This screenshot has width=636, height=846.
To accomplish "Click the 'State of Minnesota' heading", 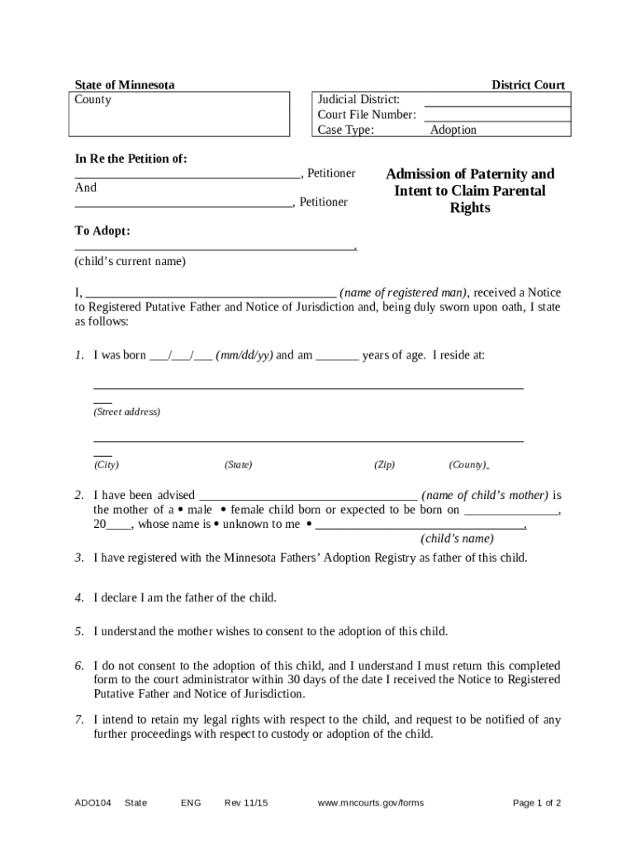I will pyautogui.click(x=125, y=85).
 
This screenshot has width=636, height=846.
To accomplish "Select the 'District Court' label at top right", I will pyautogui.click(x=528, y=85).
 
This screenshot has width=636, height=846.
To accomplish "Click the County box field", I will pyautogui.click(x=178, y=113).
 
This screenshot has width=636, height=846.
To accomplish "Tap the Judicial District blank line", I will pyautogui.click(x=496, y=101).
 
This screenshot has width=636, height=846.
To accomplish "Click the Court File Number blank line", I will pyautogui.click(x=496, y=116).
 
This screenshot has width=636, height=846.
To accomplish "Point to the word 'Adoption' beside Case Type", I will pyautogui.click(x=453, y=130).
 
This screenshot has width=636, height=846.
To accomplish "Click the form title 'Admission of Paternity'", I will pyautogui.click(x=470, y=174).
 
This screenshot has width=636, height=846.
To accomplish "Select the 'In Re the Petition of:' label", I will pyautogui.click(x=131, y=158).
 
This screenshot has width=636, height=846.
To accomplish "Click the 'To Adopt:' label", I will pyautogui.click(x=102, y=231).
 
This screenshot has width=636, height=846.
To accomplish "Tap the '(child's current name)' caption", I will pyautogui.click(x=131, y=261).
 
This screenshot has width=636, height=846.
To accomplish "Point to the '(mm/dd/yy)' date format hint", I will pyautogui.click(x=244, y=355).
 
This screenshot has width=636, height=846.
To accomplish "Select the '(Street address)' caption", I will pyautogui.click(x=126, y=411).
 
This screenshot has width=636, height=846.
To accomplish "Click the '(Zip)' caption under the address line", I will pyautogui.click(x=384, y=465).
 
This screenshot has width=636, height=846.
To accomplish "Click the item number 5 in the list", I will pyautogui.click(x=78, y=632).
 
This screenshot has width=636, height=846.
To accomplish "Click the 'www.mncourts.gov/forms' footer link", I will pyautogui.click(x=370, y=803).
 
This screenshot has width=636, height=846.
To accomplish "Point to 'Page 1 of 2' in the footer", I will pyautogui.click(x=537, y=803).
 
